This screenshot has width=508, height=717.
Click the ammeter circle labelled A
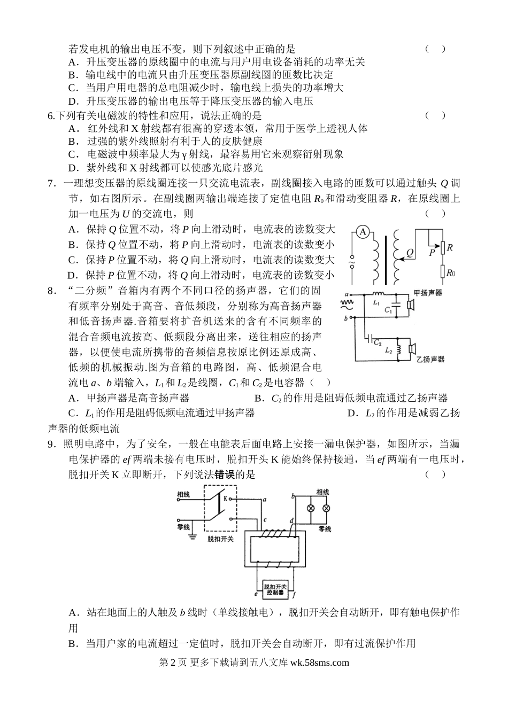click(x=363, y=232)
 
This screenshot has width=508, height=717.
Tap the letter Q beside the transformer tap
click(x=410, y=252)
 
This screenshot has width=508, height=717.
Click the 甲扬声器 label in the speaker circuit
click(x=428, y=293)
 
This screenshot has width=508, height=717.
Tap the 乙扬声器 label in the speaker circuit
click(x=430, y=359)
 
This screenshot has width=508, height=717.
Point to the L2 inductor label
click(x=389, y=350)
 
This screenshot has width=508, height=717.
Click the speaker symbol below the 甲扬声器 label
click(x=411, y=305)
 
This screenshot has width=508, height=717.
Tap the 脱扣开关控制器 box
click(x=276, y=589)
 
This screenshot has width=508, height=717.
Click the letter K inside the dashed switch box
click(x=225, y=498)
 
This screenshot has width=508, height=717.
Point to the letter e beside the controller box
click(x=256, y=594)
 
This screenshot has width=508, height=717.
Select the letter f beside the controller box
click(x=295, y=594)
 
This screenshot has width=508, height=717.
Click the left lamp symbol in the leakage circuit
click(x=310, y=508)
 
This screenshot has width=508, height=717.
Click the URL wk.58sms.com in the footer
click(x=319, y=663)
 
